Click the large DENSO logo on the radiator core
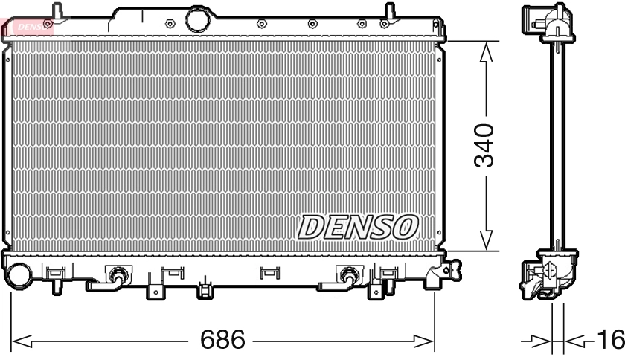click(358, 227)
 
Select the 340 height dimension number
click(484, 145)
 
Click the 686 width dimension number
click(223, 341)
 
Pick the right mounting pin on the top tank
click(388, 12)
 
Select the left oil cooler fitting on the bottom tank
click(116, 276)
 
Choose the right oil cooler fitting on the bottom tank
click(346, 276)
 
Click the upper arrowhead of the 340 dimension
click(485, 52)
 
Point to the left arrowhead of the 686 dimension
click(21, 341)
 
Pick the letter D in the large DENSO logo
click(312, 227)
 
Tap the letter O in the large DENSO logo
click(406, 227)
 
